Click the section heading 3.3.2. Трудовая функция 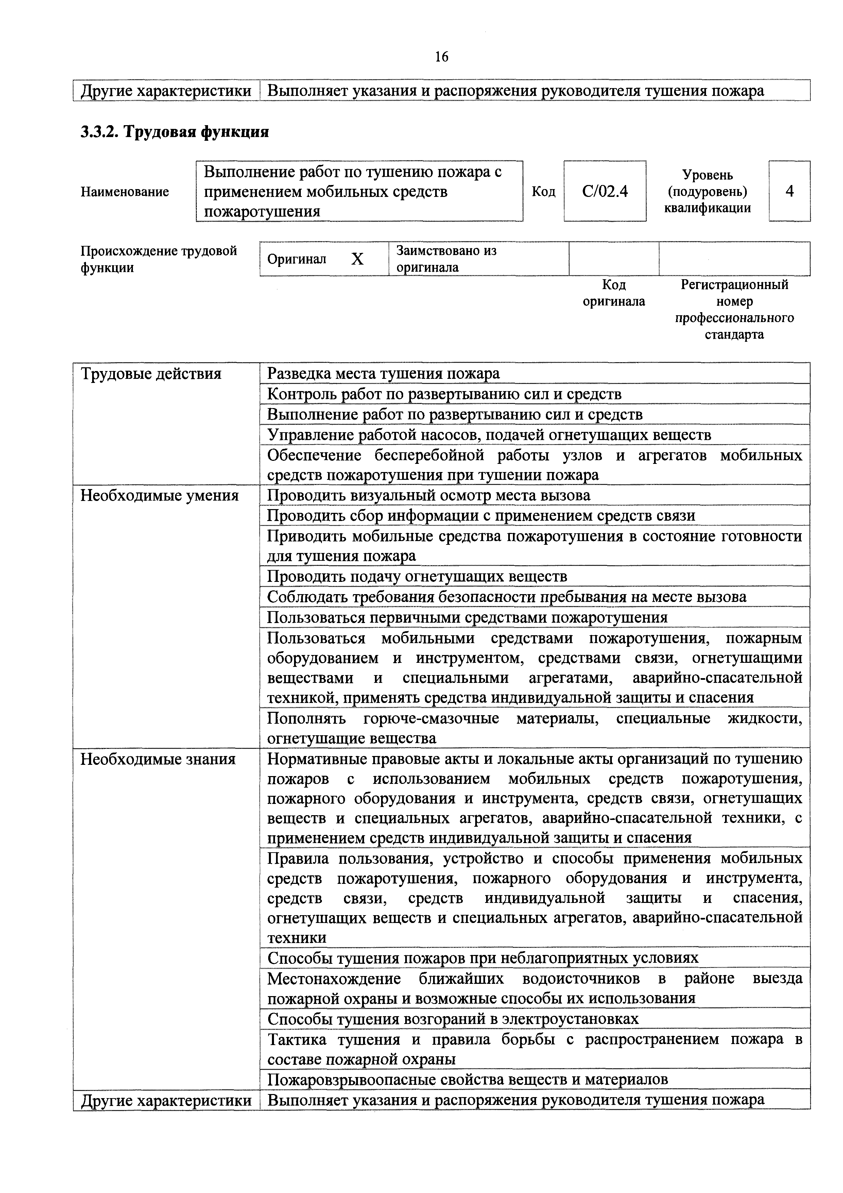pyautogui.click(x=174, y=132)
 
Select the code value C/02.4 pyautogui.click(x=605, y=192)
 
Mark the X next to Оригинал pyautogui.click(x=357, y=259)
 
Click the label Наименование pyautogui.click(x=125, y=192)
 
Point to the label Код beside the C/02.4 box pyautogui.click(x=543, y=192)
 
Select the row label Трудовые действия pyautogui.click(x=151, y=374)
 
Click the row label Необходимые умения pyautogui.click(x=159, y=495)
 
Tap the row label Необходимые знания pyautogui.click(x=158, y=759)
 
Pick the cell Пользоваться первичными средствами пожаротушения pyautogui.click(x=467, y=617)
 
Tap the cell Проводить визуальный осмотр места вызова pyautogui.click(x=429, y=495)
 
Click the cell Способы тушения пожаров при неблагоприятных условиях pyautogui.click(x=483, y=958)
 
